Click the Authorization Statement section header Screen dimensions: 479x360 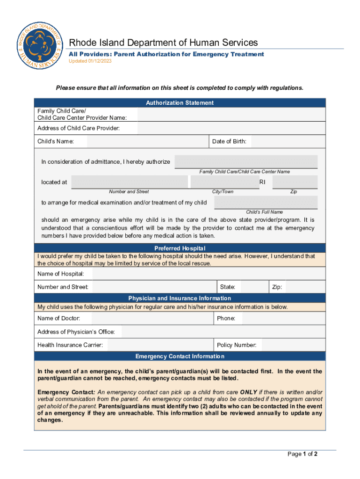tap(180, 103)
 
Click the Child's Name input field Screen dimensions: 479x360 tap(147, 141)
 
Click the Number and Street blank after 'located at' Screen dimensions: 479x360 tap(130, 182)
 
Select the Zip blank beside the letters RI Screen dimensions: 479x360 tap(295, 182)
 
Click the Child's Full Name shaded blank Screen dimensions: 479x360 tap(266, 203)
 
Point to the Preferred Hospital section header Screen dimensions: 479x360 tap(180, 248)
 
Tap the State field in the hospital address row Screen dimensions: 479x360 tap(253, 287)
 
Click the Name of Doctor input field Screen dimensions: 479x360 tap(147, 319)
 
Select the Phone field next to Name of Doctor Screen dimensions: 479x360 tap(283, 319)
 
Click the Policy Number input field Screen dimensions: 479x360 tap(293, 345)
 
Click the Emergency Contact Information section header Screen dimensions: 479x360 tap(180, 356)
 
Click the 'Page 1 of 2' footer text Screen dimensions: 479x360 tap(302, 454)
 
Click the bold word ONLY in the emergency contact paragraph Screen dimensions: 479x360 tap(249, 392)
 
